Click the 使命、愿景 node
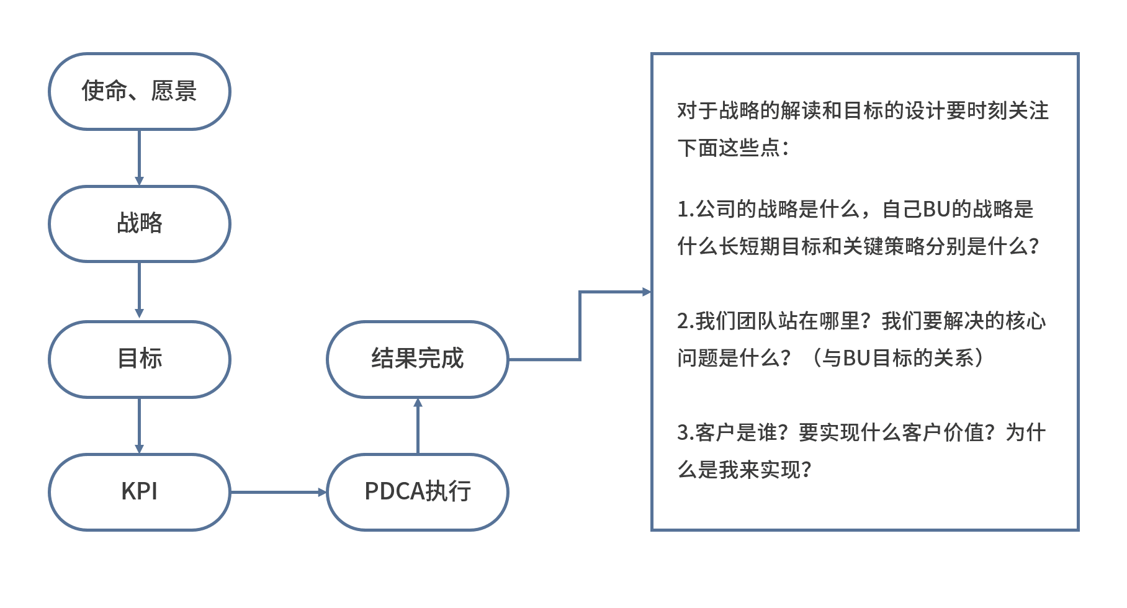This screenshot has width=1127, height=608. [139, 91]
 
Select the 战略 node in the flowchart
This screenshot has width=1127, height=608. [139, 223]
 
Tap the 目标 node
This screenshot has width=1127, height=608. [139, 359]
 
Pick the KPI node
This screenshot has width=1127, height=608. [139, 491]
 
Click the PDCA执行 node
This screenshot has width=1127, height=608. [417, 491]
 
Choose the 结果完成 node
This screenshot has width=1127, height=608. [417, 359]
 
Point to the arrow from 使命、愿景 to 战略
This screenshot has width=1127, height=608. [139, 158]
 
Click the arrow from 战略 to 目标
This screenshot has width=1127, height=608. [139, 290]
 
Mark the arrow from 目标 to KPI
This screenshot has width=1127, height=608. [139, 426]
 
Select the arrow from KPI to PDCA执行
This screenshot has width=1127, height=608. [278, 492]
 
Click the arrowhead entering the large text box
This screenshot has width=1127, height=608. [646, 292]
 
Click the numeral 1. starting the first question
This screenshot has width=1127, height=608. [685, 210]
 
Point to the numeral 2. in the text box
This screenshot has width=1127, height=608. [685, 321]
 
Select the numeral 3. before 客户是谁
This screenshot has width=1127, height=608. [685, 433]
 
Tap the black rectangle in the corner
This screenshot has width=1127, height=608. [1032, 571]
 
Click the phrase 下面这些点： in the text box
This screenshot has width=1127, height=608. [733, 148]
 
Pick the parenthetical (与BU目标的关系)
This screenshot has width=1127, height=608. [897, 358]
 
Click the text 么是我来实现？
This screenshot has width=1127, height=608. [744, 470]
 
